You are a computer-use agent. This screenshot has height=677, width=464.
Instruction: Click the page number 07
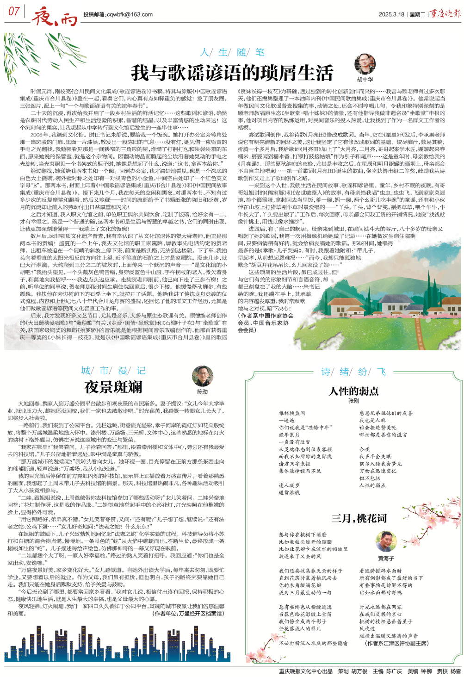click(14, 11)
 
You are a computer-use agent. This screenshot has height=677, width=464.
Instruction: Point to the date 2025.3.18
click(391, 14)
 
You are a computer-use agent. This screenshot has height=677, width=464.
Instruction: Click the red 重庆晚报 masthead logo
click(445, 13)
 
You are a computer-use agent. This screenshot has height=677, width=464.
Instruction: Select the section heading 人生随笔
click(232, 52)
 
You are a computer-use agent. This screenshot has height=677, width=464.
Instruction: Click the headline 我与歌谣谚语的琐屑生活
click(232, 73)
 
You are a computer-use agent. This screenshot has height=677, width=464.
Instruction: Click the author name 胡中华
click(365, 80)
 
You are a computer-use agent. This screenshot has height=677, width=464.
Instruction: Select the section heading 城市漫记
click(113, 370)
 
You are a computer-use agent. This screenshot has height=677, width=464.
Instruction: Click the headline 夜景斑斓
click(113, 387)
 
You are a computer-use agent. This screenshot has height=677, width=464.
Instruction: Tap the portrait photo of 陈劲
click(203, 376)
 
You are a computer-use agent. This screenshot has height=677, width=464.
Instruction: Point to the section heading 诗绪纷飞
click(354, 371)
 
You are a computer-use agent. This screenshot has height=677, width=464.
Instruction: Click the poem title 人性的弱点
click(354, 391)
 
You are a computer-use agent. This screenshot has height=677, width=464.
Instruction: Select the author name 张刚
click(354, 401)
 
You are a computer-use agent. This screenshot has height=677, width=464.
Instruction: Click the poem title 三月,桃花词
click(359, 518)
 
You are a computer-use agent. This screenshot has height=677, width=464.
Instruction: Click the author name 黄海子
click(386, 559)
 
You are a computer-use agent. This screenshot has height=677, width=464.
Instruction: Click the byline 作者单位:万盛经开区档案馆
click(188, 614)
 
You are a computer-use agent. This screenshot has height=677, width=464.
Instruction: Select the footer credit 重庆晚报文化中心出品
click(306, 671)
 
